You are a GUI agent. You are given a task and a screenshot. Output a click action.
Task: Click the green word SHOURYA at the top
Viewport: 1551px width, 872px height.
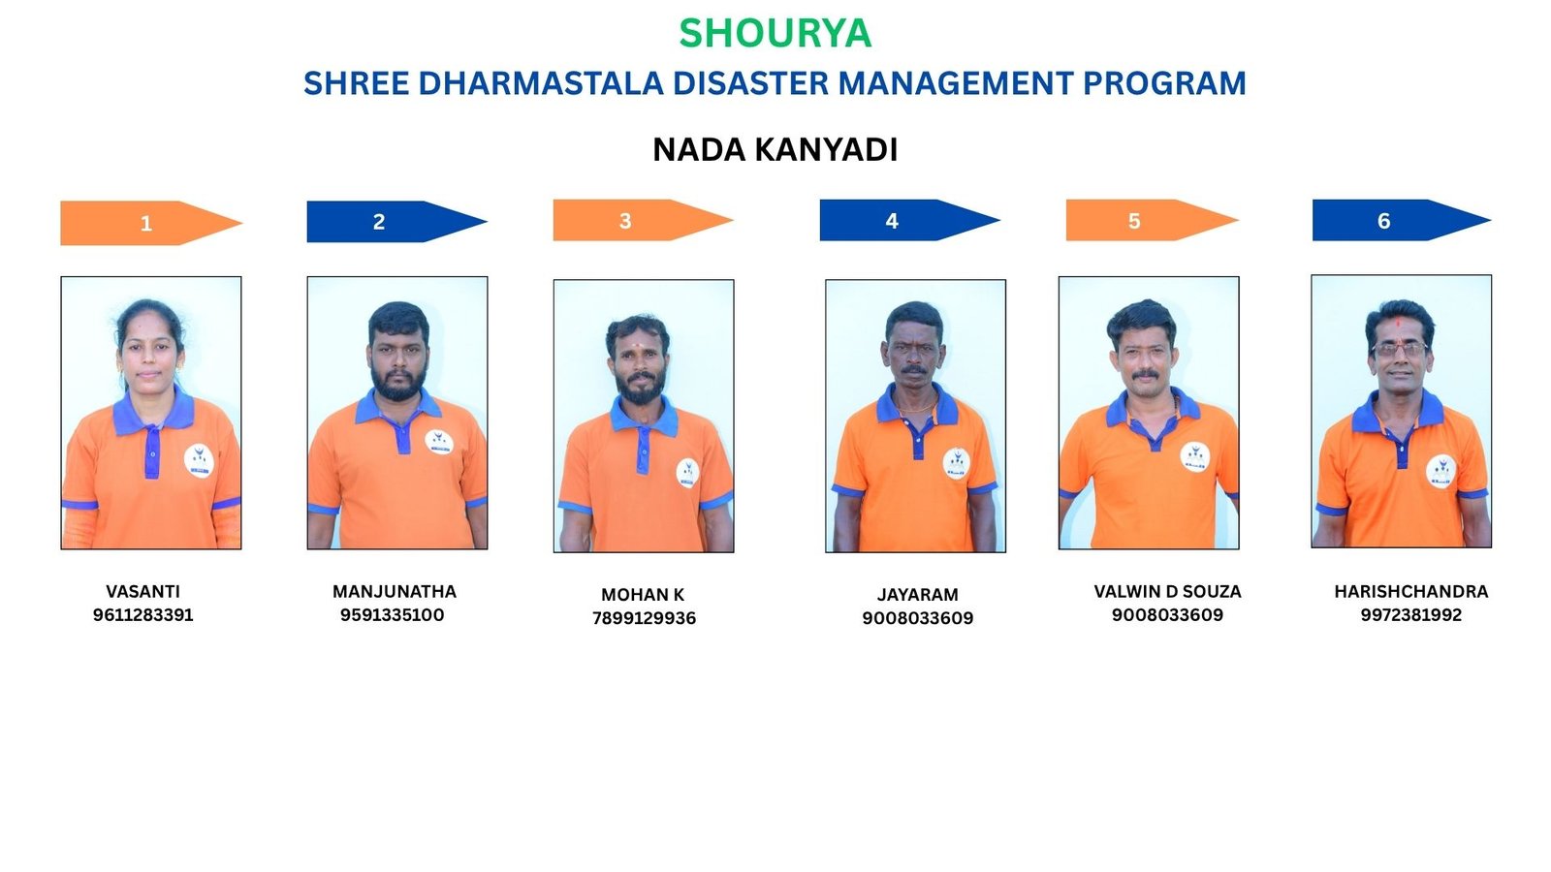coord(775,33)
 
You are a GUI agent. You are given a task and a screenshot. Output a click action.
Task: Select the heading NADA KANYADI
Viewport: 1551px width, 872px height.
coord(775,149)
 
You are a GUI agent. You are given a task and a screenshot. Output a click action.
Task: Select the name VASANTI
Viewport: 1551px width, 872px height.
coord(142,592)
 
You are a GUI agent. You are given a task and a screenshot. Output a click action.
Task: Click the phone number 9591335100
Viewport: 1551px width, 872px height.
coord(392,614)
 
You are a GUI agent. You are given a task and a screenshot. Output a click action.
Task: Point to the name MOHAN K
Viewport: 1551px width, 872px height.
coord(643,595)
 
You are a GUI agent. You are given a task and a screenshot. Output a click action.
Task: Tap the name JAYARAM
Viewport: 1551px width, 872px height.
coord(917,595)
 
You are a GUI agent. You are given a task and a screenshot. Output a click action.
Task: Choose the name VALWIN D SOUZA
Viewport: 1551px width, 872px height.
coord(1167,592)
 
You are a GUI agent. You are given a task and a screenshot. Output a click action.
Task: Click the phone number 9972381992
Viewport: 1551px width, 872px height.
coord(1411,614)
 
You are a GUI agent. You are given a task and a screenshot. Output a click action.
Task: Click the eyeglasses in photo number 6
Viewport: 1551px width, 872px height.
coord(1400,350)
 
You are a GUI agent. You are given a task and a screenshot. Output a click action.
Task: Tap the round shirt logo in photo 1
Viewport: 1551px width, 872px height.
coord(199,461)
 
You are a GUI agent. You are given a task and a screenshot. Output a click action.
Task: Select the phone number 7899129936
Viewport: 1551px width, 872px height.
coord(644,618)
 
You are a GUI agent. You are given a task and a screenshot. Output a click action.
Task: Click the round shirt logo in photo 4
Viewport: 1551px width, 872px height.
coord(956,464)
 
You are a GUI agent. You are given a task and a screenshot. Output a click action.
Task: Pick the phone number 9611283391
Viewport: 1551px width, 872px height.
coord(142,614)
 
